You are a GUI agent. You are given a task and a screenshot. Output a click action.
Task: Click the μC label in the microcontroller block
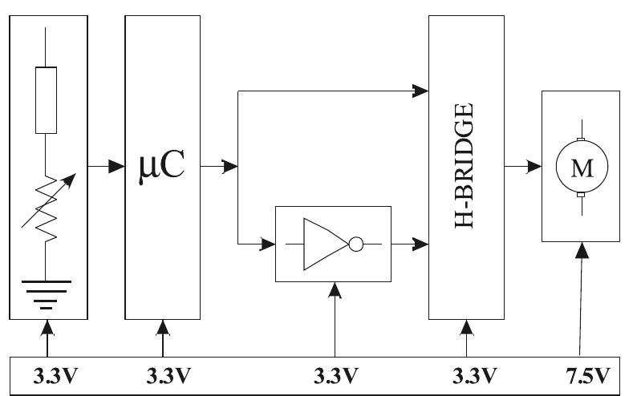click(162, 167)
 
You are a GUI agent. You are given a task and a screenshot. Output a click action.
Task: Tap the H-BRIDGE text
click(464, 166)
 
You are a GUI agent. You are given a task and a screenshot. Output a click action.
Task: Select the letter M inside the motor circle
click(582, 168)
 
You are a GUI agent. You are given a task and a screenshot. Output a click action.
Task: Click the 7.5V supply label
click(588, 376)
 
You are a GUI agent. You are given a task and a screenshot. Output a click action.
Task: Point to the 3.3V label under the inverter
click(336, 376)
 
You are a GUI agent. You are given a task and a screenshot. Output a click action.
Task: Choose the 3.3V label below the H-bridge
click(474, 376)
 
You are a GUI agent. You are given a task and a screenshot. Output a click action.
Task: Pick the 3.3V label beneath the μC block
click(168, 376)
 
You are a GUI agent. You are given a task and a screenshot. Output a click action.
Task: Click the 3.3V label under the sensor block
click(55, 376)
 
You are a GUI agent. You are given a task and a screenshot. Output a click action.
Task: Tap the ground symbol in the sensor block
click(47, 294)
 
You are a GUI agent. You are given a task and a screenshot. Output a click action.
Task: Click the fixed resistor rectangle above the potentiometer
click(46, 100)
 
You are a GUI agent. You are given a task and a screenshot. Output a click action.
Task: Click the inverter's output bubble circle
click(356, 244)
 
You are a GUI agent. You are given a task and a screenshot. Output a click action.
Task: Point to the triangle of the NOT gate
click(326, 244)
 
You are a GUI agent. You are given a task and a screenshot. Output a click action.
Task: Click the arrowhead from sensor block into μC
click(116, 166)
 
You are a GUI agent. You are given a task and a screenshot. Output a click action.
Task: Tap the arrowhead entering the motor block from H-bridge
click(534, 166)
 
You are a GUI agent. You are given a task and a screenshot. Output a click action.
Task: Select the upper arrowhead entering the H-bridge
click(420, 91)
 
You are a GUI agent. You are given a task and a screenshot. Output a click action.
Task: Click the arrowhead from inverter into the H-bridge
click(420, 244)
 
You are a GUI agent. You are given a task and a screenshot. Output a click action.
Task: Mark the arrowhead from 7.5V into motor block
click(582, 250)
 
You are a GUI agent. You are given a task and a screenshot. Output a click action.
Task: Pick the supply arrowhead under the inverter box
click(335, 290)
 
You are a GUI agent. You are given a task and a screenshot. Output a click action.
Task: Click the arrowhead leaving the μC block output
click(230, 166)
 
